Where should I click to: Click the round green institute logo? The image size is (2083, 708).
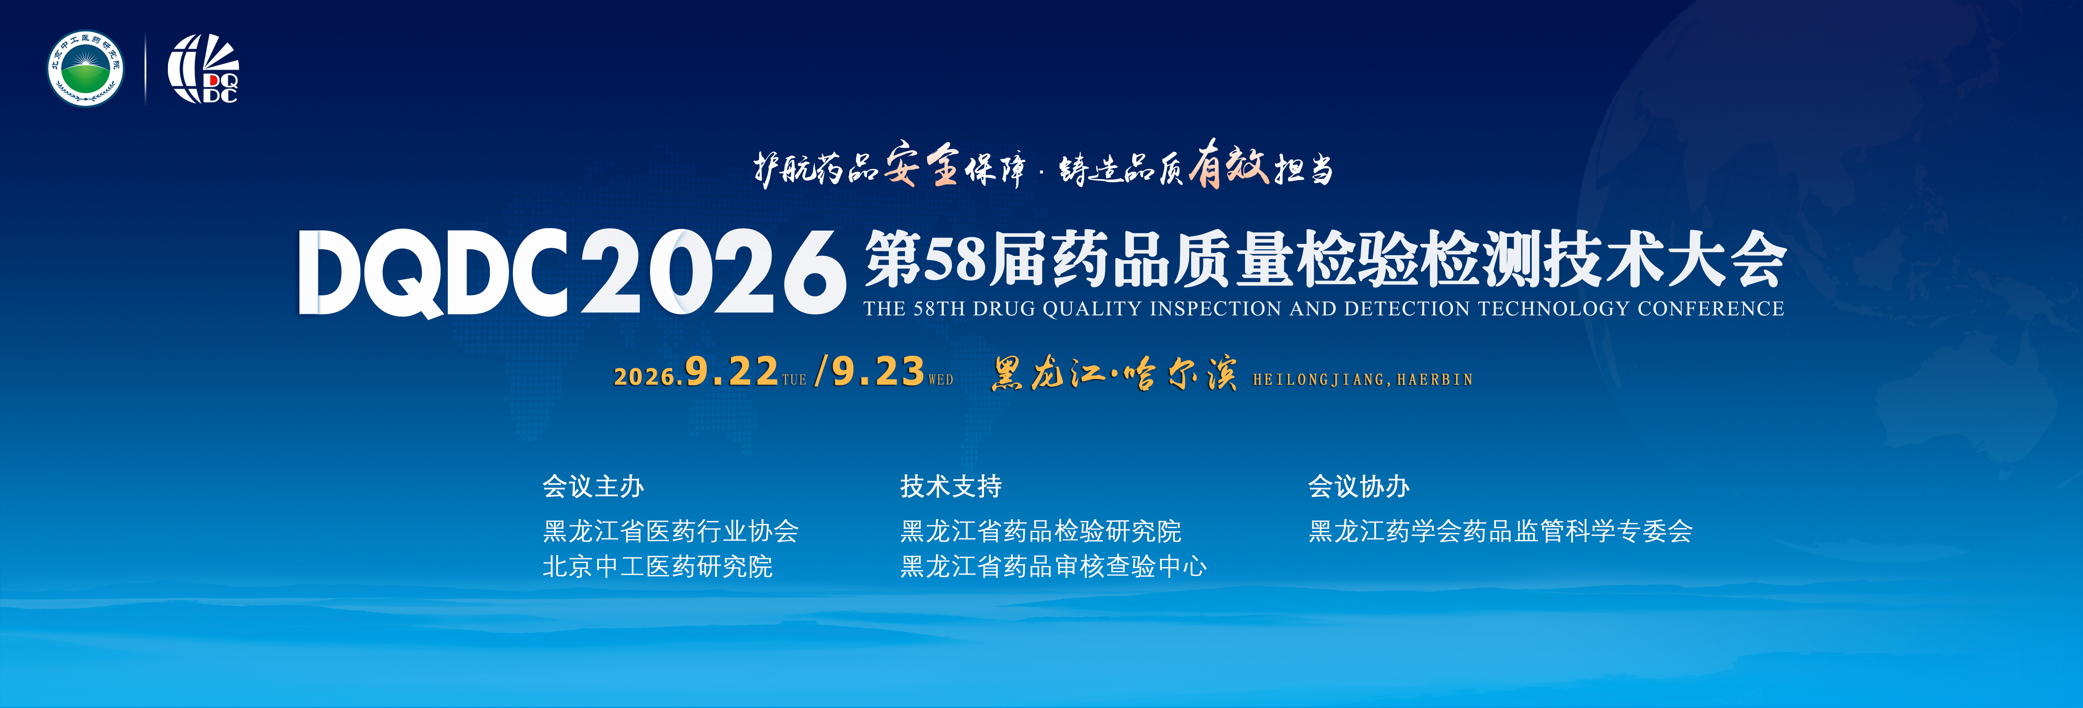point(86,69)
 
